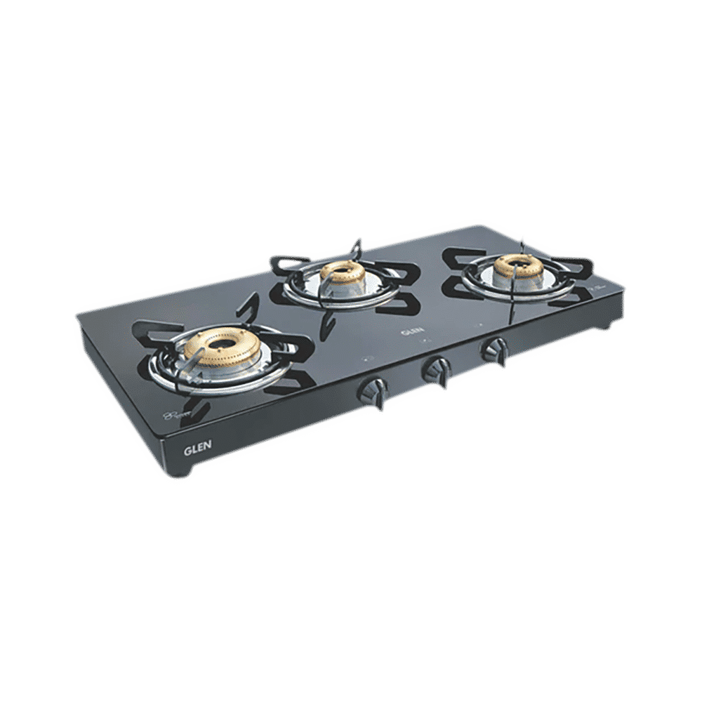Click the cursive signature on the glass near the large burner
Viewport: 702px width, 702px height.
pyautogui.click(x=175, y=416)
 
